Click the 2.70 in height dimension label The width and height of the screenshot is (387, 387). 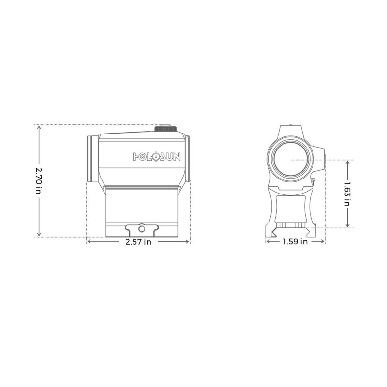point(38,181)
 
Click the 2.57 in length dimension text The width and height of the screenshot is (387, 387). point(138,242)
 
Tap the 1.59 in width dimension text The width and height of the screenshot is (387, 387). point(295,242)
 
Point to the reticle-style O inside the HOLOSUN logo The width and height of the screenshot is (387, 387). point(155,156)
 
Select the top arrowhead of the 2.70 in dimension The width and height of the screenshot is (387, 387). point(38,127)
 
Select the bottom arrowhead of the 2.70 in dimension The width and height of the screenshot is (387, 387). point(38,236)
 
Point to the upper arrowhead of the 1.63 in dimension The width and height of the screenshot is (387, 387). point(347,162)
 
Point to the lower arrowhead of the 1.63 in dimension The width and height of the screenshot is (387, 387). point(347,226)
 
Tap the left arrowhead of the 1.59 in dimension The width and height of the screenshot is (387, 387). point(268,242)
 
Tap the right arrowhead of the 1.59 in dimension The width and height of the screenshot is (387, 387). point(323,242)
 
